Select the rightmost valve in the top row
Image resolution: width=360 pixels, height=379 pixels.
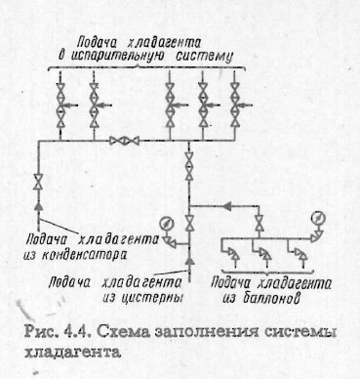pyautogui.click(x=236, y=99)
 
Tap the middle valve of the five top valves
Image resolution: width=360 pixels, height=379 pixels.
pyautogui.click(x=170, y=99)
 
